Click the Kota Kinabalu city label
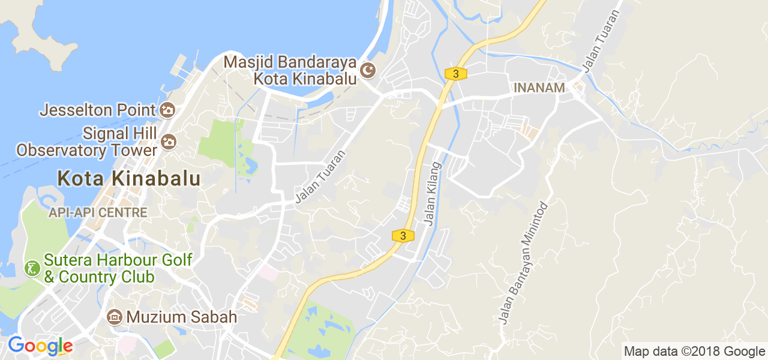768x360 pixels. (x=128, y=178)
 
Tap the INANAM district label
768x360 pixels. (x=539, y=88)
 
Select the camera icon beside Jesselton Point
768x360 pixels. (x=167, y=110)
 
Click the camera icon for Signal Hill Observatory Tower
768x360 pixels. (x=168, y=142)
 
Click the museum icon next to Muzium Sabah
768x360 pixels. (x=115, y=317)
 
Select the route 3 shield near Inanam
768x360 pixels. (x=456, y=74)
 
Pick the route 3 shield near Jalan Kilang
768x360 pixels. (x=403, y=236)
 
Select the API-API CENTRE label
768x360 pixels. (x=98, y=212)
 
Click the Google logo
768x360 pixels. (x=40, y=346)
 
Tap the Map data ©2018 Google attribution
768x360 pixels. (x=694, y=351)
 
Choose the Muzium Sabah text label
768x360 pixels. (x=181, y=317)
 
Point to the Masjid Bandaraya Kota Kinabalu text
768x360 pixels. (x=290, y=70)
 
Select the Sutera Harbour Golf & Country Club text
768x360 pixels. (x=118, y=268)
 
